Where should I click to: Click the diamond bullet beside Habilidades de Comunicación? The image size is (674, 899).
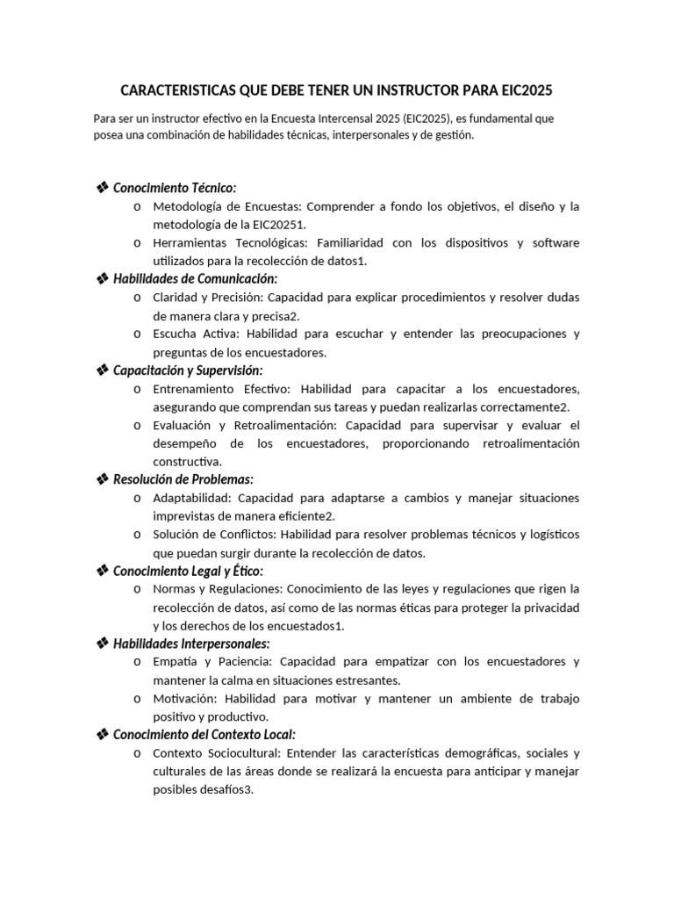click(102, 278)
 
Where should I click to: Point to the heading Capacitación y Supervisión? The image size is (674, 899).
click(188, 370)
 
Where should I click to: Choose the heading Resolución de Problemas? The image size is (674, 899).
click(183, 478)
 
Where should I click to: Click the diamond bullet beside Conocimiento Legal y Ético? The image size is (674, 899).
click(102, 571)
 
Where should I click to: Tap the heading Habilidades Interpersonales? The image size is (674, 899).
click(191, 644)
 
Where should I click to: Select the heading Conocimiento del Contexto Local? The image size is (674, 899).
click(204, 734)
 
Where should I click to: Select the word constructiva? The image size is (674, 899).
click(187, 461)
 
